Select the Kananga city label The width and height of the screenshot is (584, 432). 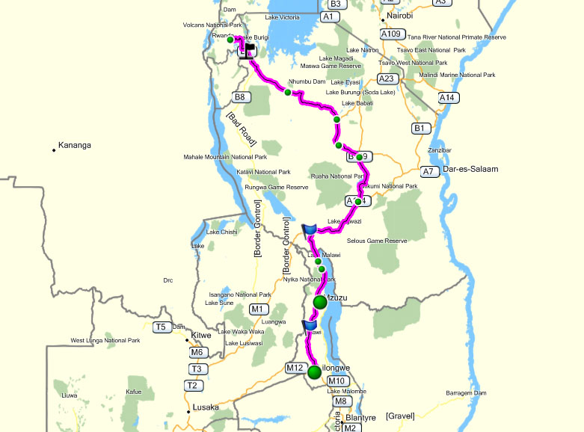74,145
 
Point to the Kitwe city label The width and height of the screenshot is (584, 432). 202,336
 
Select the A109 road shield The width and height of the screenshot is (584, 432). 390,34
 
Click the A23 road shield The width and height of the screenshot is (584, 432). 387,78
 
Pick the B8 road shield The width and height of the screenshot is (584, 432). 239,97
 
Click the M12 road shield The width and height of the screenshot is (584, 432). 295,368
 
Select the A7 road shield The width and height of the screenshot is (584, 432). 428,172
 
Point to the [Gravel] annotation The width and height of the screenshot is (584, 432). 400,416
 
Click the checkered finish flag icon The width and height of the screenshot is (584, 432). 247,50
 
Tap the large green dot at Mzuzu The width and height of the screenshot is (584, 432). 320,302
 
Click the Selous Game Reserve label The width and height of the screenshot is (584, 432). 377,241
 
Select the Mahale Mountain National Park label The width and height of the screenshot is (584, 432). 225,158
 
